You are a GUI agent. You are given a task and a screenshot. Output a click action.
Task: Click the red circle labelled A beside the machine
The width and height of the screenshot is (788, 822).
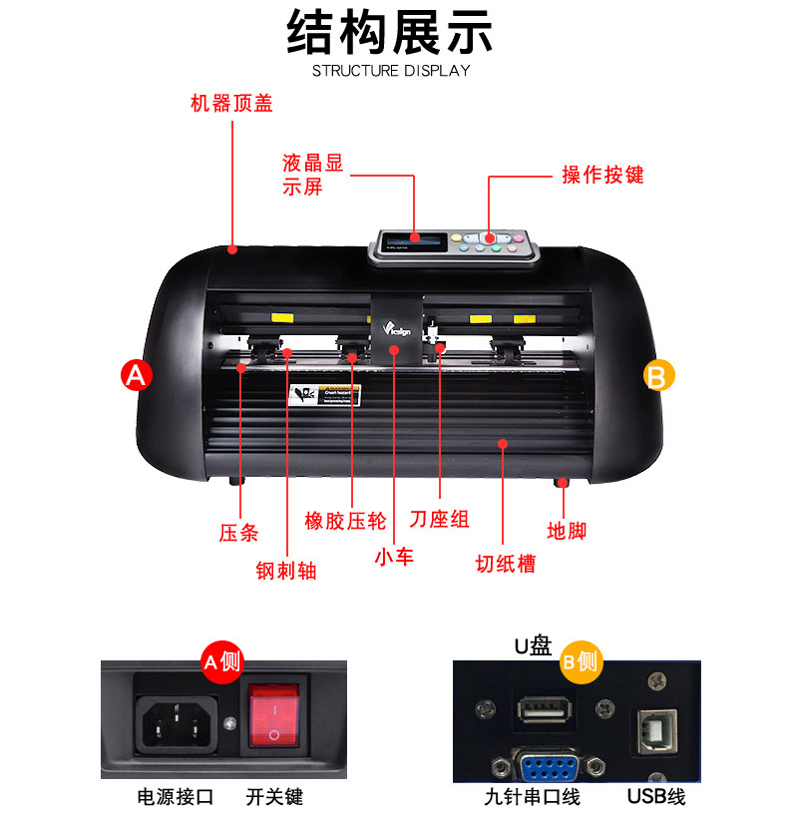tap(136, 375)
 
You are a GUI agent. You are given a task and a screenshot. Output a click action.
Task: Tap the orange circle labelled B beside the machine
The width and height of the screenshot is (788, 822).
tap(657, 375)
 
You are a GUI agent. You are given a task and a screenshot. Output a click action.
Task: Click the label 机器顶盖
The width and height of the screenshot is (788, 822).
tap(231, 103)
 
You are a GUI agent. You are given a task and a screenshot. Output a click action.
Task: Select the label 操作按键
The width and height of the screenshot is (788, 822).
tap(602, 175)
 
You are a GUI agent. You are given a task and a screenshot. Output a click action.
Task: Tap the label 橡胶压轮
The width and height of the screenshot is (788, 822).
tap(345, 520)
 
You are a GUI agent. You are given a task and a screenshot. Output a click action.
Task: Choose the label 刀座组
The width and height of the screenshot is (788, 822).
tap(439, 520)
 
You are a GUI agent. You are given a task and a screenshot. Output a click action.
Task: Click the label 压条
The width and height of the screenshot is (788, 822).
tap(238, 533)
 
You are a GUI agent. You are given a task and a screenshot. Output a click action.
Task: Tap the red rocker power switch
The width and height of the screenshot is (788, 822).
tap(274, 715)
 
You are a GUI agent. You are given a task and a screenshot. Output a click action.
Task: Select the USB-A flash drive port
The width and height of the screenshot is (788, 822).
tap(543, 711)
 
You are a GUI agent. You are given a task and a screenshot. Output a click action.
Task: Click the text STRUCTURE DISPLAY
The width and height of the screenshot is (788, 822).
tap(391, 71)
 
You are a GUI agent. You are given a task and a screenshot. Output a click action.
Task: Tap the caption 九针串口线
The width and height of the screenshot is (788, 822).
tap(532, 797)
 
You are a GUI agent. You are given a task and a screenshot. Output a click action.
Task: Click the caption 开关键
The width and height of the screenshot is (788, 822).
tap(274, 797)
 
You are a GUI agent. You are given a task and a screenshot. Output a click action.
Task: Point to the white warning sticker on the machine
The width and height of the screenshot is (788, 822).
tap(323, 393)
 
